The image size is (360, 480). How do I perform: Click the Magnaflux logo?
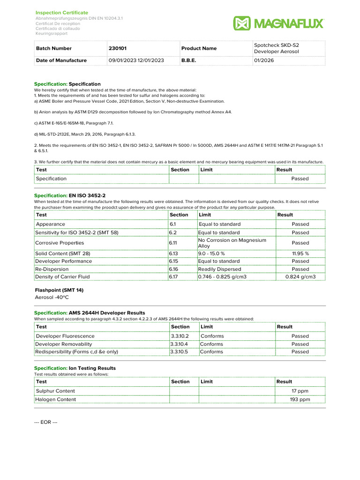pyautogui.click(x=278, y=23)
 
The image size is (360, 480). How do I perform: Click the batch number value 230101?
pyautogui.click(x=117, y=48)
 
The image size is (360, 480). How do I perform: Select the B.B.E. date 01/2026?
pyautogui.click(x=264, y=60)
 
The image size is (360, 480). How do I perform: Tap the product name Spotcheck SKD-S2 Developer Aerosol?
pyautogui.click(x=277, y=48)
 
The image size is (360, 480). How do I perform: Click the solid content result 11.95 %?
pyautogui.click(x=300, y=253)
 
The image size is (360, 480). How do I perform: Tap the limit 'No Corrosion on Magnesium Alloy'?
pyautogui.click(x=232, y=243)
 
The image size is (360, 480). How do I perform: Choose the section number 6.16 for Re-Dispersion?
pyautogui.click(x=174, y=269)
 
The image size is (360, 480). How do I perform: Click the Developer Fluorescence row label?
pyautogui.click(x=65, y=336)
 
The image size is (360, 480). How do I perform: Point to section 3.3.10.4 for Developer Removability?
pyautogui.click(x=180, y=344)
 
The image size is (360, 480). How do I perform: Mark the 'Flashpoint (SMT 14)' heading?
pyautogui.click(x=59, y=290)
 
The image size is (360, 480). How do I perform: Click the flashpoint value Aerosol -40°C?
pyautogui.click(x=52, y=297)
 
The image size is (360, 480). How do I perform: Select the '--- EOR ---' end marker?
pyautogui.click(x=46, y=422)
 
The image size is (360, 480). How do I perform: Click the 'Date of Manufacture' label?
pyautogui.click(x=61, y=60)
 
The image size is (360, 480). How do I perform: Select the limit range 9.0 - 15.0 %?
pyautogui.click(x=211, y=253)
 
